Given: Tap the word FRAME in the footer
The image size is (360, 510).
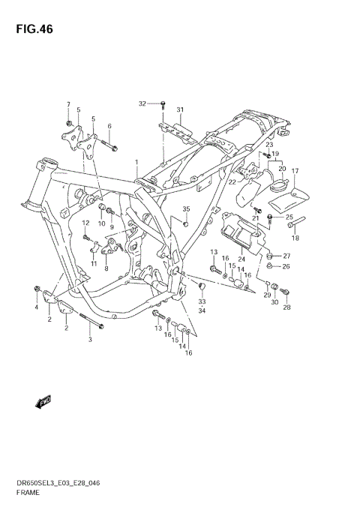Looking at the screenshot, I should click(28, 494).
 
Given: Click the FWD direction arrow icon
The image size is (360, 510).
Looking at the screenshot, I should click(42, 403).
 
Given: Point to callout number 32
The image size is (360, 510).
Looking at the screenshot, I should click(142, 103).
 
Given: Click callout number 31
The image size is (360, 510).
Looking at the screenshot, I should click(180, 110).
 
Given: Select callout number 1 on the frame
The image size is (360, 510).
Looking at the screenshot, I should click(136, 163).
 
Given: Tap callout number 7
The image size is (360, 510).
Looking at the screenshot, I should click(68, 104).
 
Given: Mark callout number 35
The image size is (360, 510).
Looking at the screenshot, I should click(186, 209).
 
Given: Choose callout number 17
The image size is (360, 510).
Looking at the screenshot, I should click(295, 171).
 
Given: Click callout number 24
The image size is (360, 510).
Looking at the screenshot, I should click(241, 259).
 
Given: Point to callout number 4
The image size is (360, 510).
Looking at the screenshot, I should click(35, 308).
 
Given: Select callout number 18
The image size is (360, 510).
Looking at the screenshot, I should click(295, 238).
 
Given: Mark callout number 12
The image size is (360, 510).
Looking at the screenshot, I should click(85, 223).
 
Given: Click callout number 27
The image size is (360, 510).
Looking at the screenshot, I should click(286, 256).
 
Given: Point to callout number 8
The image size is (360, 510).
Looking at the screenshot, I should click(106, 268).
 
